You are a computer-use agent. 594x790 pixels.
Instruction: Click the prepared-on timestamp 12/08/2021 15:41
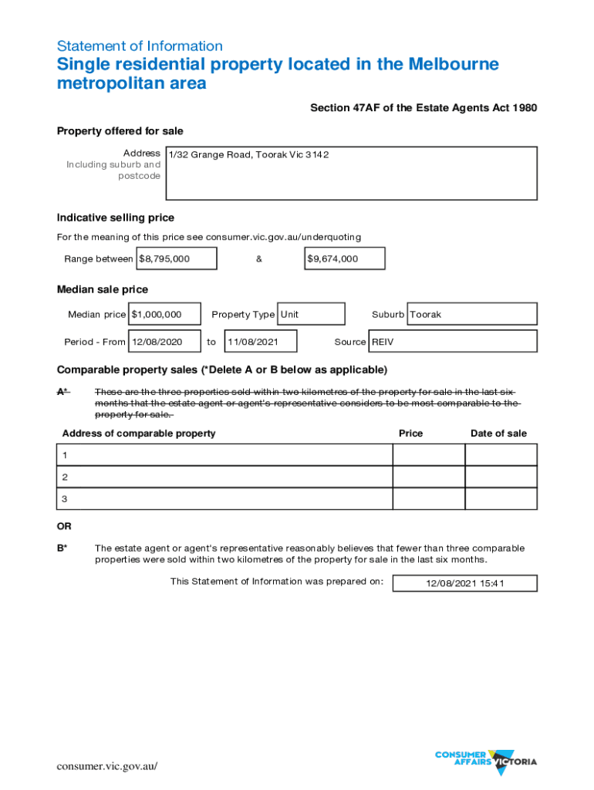464,583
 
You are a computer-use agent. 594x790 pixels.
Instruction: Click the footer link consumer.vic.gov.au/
107,766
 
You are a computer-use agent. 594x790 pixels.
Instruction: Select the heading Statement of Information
140,46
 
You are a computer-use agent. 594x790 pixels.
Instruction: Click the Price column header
410,434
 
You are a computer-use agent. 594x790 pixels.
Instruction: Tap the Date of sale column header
498,434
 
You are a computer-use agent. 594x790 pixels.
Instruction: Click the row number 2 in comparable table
65,477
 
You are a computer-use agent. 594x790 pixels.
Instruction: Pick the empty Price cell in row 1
428,455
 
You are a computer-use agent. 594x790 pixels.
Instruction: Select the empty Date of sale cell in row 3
501,499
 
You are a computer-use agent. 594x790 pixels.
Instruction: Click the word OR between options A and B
64,526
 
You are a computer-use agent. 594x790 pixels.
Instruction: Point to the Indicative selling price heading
116,218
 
